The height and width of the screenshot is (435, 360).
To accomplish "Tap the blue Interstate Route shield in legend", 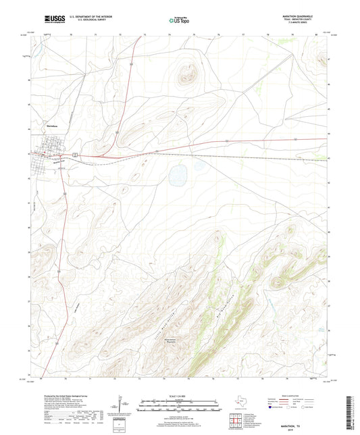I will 272,407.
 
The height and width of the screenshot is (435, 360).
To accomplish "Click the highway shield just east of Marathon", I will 77,155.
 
